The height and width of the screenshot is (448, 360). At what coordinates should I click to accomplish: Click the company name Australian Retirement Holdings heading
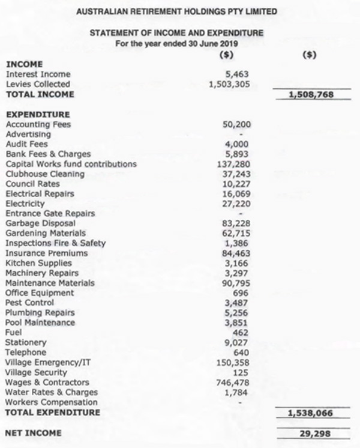coord(177,11)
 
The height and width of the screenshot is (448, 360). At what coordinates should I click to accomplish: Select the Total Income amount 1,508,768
coord(310,94)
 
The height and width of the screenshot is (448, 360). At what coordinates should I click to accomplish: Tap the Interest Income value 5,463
coord(236,74)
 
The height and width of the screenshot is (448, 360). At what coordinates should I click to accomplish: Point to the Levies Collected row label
coord(37,84)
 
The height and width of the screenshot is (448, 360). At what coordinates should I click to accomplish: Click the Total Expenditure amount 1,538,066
coord(310,413)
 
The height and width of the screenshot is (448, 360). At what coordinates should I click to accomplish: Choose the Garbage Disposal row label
coord(40,223)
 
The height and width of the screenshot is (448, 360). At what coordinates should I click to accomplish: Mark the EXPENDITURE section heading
coord(37,114)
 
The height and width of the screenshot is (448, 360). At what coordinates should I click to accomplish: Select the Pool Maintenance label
coord(40,322)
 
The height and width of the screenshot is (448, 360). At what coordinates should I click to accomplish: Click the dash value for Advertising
coord(241,135)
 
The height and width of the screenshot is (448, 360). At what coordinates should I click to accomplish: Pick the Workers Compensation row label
coord(51,402)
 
